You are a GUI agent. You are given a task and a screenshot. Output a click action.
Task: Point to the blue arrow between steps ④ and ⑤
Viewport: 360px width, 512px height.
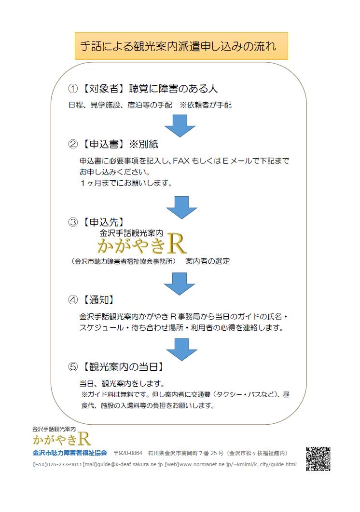(179, 350)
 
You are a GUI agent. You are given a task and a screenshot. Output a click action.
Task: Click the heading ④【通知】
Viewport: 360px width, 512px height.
(92, 299)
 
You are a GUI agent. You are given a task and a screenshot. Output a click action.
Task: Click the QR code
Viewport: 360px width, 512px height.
(318, 458)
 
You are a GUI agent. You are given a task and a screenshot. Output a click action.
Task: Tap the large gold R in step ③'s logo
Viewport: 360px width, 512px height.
(176, 245)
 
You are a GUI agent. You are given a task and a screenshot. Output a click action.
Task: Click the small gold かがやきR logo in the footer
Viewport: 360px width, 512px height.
(61, 439)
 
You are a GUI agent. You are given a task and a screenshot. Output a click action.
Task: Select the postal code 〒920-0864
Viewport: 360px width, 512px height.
(128, 453)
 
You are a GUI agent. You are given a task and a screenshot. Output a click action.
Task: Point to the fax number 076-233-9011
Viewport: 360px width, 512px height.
(65, 465)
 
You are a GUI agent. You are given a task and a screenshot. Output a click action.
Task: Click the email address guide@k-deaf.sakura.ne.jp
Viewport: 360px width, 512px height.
(122, 465)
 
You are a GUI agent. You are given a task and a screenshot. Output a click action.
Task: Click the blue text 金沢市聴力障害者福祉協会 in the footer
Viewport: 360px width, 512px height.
(69, 453)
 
